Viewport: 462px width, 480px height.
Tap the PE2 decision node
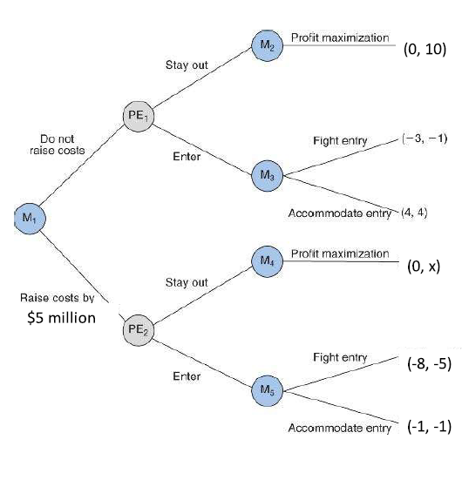click(x=139, y=330)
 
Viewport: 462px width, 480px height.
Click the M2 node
click(x=266, y=44)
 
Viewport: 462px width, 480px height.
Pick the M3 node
click(x=266, y=175)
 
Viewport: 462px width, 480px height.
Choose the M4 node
click(x=266, y=260)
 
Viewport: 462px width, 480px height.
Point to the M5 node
click(x=266, y=389)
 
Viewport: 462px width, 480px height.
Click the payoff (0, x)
click(x=423, y=267)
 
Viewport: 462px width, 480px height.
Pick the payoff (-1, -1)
click(x=427, y=426)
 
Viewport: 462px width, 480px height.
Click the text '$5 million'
click(x=58, y=317)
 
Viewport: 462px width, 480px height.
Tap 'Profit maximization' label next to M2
click(x=340, y=38)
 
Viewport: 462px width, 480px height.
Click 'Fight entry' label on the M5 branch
click(x=340, y=357)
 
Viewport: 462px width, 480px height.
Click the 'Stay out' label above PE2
click(x=186, y=282)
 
